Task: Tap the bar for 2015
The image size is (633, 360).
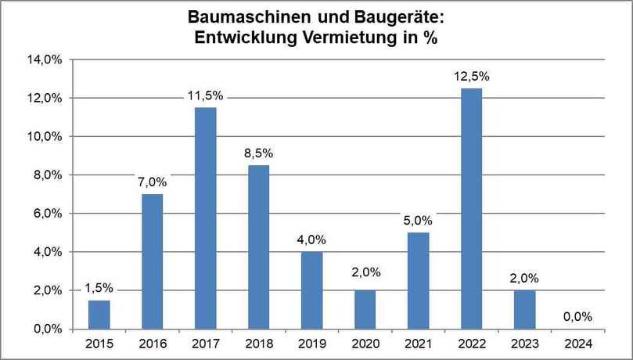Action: (99, 314)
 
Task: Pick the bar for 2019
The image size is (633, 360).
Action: (311, 290)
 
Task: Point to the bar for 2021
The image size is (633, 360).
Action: (418, 280)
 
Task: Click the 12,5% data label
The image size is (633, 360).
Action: (471, 77)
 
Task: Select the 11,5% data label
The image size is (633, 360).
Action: (205, 95)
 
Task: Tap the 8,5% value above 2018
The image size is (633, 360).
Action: (258, 153)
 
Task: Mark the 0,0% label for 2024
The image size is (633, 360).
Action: (577, 317)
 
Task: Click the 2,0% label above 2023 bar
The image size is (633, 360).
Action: (524, 279)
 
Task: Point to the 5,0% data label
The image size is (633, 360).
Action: (418, 221)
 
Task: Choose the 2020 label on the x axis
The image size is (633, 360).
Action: (365, 343)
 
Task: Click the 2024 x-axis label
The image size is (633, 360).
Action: (577, 343)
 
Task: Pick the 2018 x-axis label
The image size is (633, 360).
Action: (258, 343)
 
